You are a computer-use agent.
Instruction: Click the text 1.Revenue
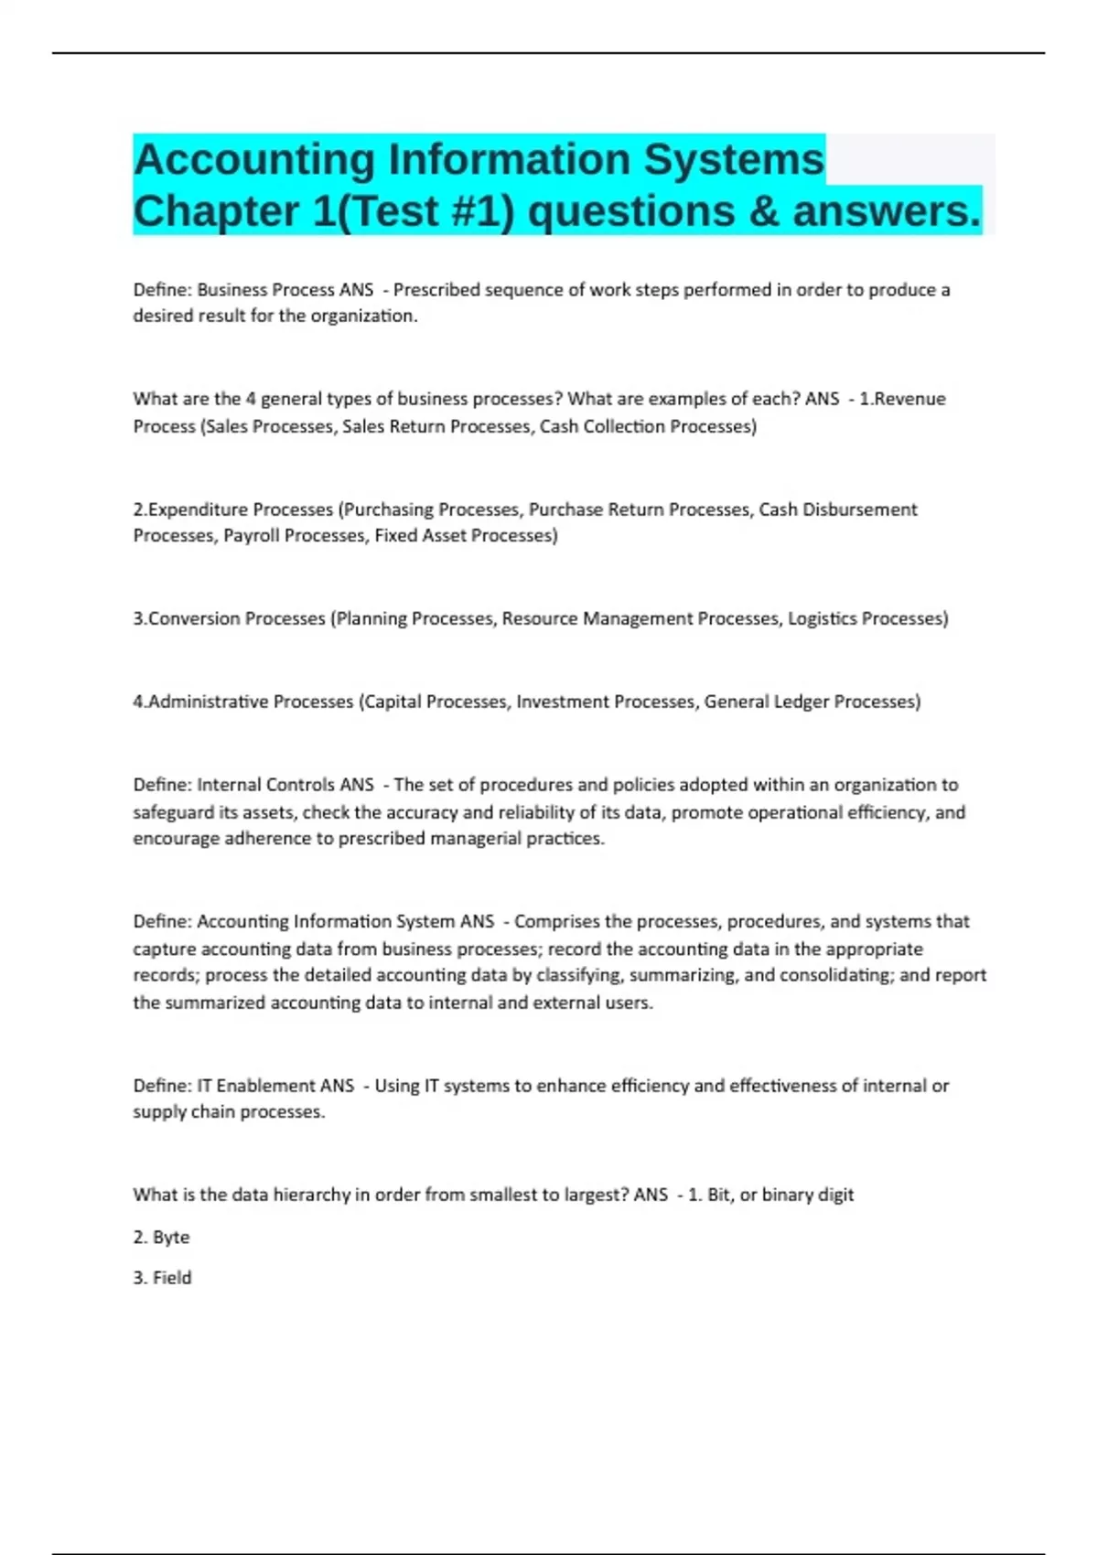(902, 399)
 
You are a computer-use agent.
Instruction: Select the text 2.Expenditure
(187, 509)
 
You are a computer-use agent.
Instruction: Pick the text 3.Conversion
(186, 619)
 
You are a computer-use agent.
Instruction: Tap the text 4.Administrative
(198, 702)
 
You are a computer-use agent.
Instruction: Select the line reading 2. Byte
(161, 1238)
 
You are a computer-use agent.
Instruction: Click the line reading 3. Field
(162, 1278)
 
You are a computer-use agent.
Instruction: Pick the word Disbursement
(859, 509)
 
